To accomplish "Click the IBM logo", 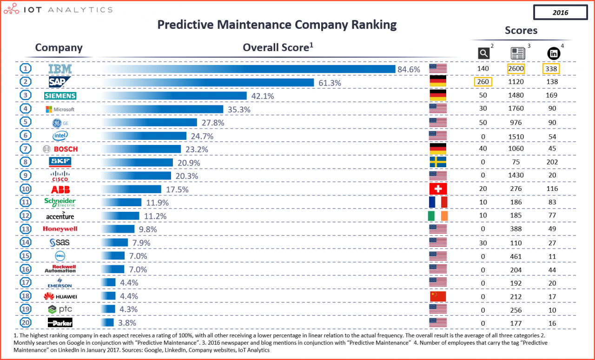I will tap(60, 69).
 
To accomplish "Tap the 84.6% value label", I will tap(409, 69).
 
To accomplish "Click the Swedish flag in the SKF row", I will tap(437, 162).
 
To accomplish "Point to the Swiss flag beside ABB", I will tap(437, 189).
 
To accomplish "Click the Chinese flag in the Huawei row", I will tap(437, 296).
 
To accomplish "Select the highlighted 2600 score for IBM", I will tap(516, 69).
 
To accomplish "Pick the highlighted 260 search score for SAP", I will tap(483, 82).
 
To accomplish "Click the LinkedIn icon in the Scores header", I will tap(554, 53).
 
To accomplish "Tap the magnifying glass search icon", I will tap(483, 53).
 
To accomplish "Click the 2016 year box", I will tap(560, 13).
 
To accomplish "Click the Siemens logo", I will tap(60, 96).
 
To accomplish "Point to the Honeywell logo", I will tap(60, 229).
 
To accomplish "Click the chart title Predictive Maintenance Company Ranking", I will tap(277, 25).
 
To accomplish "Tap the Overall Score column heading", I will tap(278, 47).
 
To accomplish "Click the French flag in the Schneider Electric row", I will tap(437, 202).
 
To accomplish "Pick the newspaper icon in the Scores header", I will tap(517, 53).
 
